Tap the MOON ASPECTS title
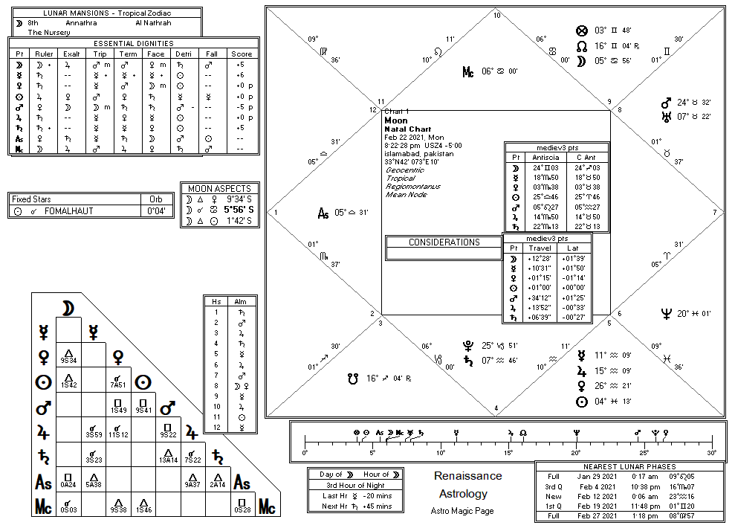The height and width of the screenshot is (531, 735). coord(219,189)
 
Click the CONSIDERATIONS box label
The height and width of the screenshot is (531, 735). coord(444,242)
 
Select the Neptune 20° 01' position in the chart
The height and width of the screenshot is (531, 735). coord(685,314)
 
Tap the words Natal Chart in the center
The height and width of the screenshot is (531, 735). coord(403,129)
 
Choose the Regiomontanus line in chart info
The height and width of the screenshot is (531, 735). coord(412,187)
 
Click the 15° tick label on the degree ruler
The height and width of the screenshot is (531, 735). coord(508,453)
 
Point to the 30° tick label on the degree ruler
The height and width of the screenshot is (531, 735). coord(712,453)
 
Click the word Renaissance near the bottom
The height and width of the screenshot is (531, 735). coord(467,477)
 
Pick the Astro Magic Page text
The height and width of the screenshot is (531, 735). coord(462,511)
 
